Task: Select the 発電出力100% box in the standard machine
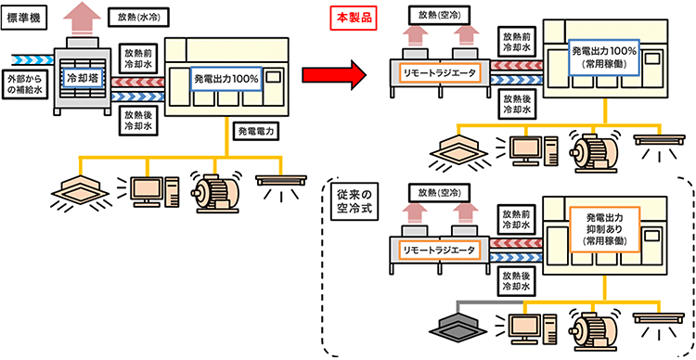[226, 79]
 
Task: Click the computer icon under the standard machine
[149, 190]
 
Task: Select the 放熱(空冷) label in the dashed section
[439, 193]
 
